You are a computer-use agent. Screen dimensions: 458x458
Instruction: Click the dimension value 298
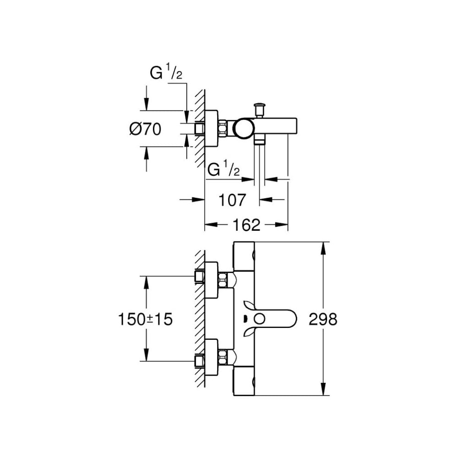tap(323, 319)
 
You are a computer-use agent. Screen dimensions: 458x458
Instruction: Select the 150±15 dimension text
tap(145, 319)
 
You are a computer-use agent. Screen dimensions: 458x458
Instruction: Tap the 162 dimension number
tap(246, 224)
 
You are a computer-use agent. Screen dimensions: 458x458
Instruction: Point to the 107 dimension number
tap(232, 200)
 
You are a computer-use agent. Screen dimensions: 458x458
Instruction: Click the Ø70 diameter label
tap(145, 130)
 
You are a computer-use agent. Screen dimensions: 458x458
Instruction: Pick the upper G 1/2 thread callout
tap(166, 73)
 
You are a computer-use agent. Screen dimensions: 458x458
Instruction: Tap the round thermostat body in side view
tap(242, 128)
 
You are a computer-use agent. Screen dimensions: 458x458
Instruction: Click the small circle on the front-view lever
tap(259, 319)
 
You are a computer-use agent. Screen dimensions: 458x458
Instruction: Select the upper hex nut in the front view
tap(223, 279)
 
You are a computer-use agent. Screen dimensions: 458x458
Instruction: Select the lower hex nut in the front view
tap(223, 357)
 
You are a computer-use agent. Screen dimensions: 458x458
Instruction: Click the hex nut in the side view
tap(223, 128)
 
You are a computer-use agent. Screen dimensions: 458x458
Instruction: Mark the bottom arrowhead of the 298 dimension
tap(324, 391)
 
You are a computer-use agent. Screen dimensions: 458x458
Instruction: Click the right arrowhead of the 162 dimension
tap(284, 224)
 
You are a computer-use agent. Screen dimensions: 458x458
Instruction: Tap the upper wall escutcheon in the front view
tap(211, 280)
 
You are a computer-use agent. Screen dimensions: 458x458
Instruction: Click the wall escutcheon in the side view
tap(211, 129)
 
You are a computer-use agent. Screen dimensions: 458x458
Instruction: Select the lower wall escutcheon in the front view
tap(211, 357)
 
